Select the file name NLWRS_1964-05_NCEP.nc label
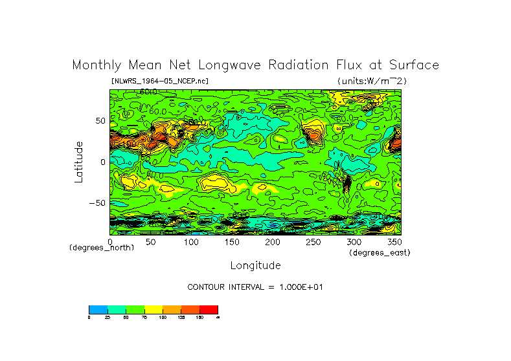pos(160,81)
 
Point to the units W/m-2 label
pos(372,81)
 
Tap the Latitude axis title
pos(78,162)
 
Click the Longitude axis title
pos(255,265)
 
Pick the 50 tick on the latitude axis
pos(100,121)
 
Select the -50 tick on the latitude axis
pos(97,202)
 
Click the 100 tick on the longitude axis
pos(190,242)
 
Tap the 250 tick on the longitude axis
pos(313,242)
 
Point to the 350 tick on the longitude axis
pos(394,242)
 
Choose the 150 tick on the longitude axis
pos(231,242)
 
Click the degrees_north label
pos(102,248)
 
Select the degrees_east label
pos(380,252)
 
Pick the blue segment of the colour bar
pos(98,309)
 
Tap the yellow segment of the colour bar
pos(153,309)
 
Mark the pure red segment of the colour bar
pos(209,309)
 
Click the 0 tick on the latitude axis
pos(102,162)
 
